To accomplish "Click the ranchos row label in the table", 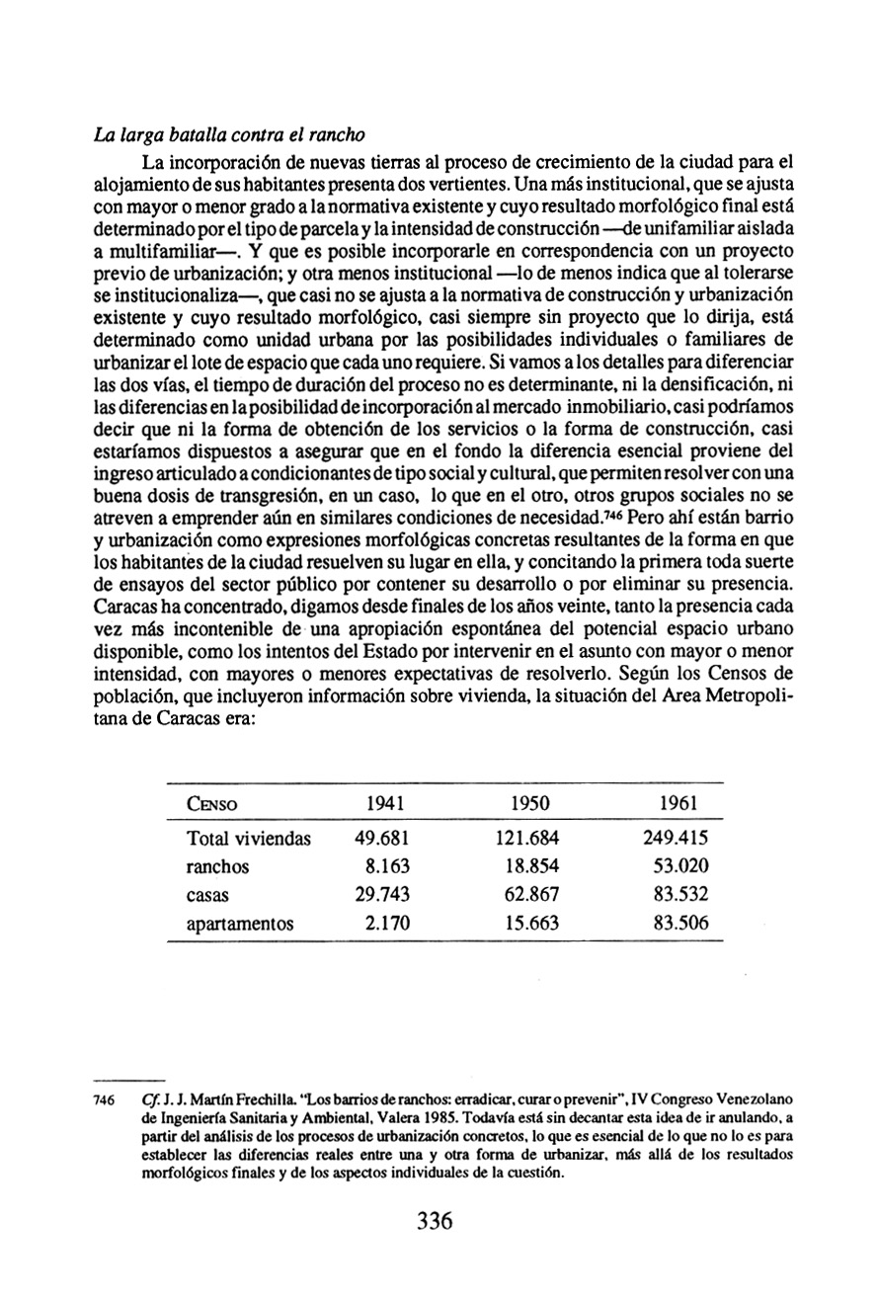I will pyautogui.click(x=218, y=867).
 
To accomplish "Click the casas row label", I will pyautogui.click(x=207, y=896).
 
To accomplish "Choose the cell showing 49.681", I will pyautogui.click(x=381, y=840).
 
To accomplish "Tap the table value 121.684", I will pyautogui.click(x=527, y=840).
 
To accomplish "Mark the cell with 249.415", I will pyautogui.click(x=675, y=840).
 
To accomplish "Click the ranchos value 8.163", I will pyautogui.click(x=387, y=867).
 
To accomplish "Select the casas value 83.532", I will pyautogui.click(x=679, y=896).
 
